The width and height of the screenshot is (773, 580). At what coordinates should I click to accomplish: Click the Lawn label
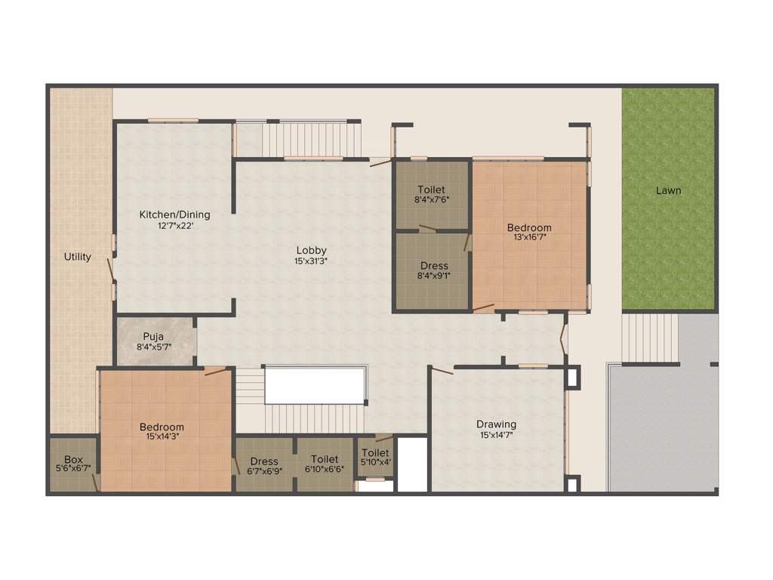668,190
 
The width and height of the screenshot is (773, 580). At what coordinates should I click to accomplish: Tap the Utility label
77,257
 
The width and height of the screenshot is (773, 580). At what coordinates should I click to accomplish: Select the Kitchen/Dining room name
174,214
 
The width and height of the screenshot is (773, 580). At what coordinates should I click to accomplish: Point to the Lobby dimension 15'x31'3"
311,261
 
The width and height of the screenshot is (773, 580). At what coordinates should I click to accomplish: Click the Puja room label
154,337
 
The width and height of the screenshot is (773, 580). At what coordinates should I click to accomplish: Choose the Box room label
73,459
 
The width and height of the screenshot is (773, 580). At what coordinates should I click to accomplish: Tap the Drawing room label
496,424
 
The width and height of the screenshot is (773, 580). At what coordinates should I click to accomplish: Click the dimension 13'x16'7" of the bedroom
528,237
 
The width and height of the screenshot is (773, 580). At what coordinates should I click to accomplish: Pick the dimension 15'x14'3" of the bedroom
162,437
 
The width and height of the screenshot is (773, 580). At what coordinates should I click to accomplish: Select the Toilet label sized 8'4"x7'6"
431,190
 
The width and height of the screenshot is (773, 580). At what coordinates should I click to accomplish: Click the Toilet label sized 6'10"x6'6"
324,459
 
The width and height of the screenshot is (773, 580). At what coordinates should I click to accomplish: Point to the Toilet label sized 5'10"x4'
375,453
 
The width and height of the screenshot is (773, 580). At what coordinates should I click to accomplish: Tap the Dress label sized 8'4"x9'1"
434,266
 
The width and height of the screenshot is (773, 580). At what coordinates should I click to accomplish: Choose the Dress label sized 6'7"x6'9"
264,461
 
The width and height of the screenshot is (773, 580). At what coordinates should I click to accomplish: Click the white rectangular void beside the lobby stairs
316,385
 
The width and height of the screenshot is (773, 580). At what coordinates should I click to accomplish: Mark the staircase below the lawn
649,338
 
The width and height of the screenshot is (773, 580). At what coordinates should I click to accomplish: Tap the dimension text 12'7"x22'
174,225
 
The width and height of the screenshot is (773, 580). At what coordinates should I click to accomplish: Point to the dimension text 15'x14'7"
496,434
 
